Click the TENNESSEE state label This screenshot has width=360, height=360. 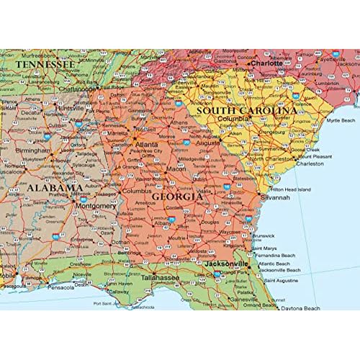click(45, 65)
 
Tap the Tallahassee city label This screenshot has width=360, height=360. click(159, 276)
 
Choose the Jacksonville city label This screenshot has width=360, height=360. click(225, 264)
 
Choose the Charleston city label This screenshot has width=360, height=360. click(310, 163)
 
